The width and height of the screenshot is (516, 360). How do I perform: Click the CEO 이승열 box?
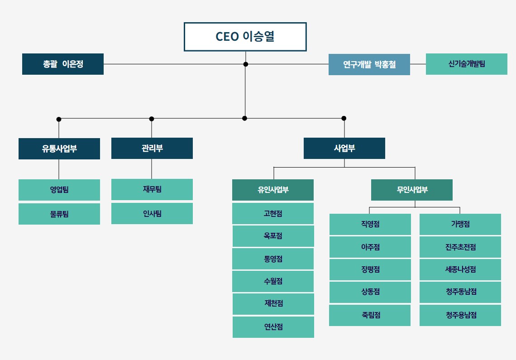[x=245, y=37]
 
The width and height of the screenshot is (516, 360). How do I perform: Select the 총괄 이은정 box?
[x=63, y=64]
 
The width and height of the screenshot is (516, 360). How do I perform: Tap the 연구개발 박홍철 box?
[x=369, y=65]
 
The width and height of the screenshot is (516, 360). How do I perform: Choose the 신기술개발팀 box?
[x=467, y=64]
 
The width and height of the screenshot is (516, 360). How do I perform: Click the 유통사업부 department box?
[x=59, y=149]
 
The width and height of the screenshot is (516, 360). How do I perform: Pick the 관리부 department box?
[x=152, y=148]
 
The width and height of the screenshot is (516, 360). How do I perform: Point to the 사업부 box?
[x=344, y=148]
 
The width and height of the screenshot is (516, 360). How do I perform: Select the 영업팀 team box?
[x=59, y=190]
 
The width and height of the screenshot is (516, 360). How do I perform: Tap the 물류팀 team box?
[x=59, y=214]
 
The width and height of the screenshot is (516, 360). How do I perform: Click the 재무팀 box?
[x=152, y=189]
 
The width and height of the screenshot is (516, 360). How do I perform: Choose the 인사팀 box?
[x=152, y=213]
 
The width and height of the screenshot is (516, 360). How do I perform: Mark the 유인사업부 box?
[x=273, y=190]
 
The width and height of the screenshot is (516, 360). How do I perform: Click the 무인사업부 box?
[x=412, y=190]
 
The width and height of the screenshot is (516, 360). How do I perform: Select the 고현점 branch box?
[x=273, y=213]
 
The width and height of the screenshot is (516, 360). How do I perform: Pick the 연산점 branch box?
[x=273, y=327]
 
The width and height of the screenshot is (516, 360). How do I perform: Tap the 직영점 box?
[x=370, y=224]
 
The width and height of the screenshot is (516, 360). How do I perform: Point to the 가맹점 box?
[x=460, y=224]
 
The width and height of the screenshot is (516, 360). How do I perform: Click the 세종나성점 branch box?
[x=460, y=269]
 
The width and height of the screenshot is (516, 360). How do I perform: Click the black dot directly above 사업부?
[x=344, y=118]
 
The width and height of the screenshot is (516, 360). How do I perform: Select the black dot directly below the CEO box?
[x=245, y=64]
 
